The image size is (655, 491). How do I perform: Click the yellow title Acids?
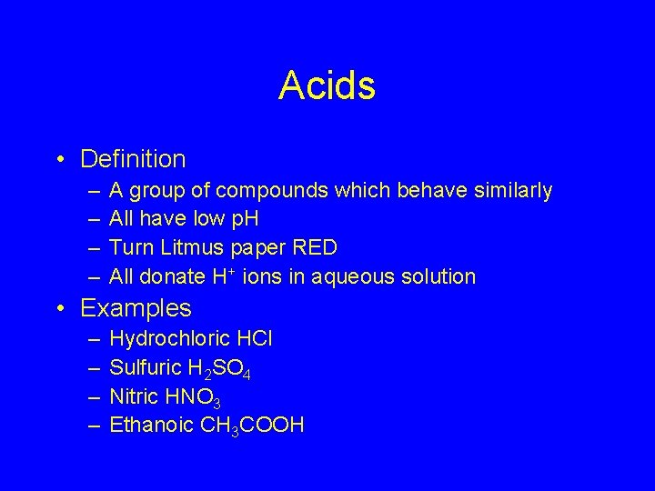(x=327, y=86)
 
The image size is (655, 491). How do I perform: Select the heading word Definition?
(x=133, y=159)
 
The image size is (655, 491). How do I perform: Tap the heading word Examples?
(x=136, y=308)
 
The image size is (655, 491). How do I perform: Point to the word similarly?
(x=506, y=190)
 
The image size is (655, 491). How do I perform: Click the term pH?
(x=245, y=219)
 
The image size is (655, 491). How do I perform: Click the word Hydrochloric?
(x=167, y=339)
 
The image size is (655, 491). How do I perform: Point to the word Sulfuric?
(x=146, y=367)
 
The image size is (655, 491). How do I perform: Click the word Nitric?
(x=134, y=396)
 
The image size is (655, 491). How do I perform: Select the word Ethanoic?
(x=150, y=424)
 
